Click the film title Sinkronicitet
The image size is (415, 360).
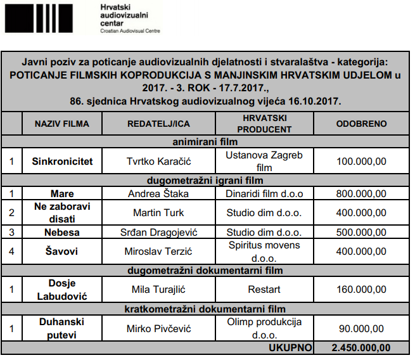point(62,161)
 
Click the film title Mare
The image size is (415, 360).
point(62,193)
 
